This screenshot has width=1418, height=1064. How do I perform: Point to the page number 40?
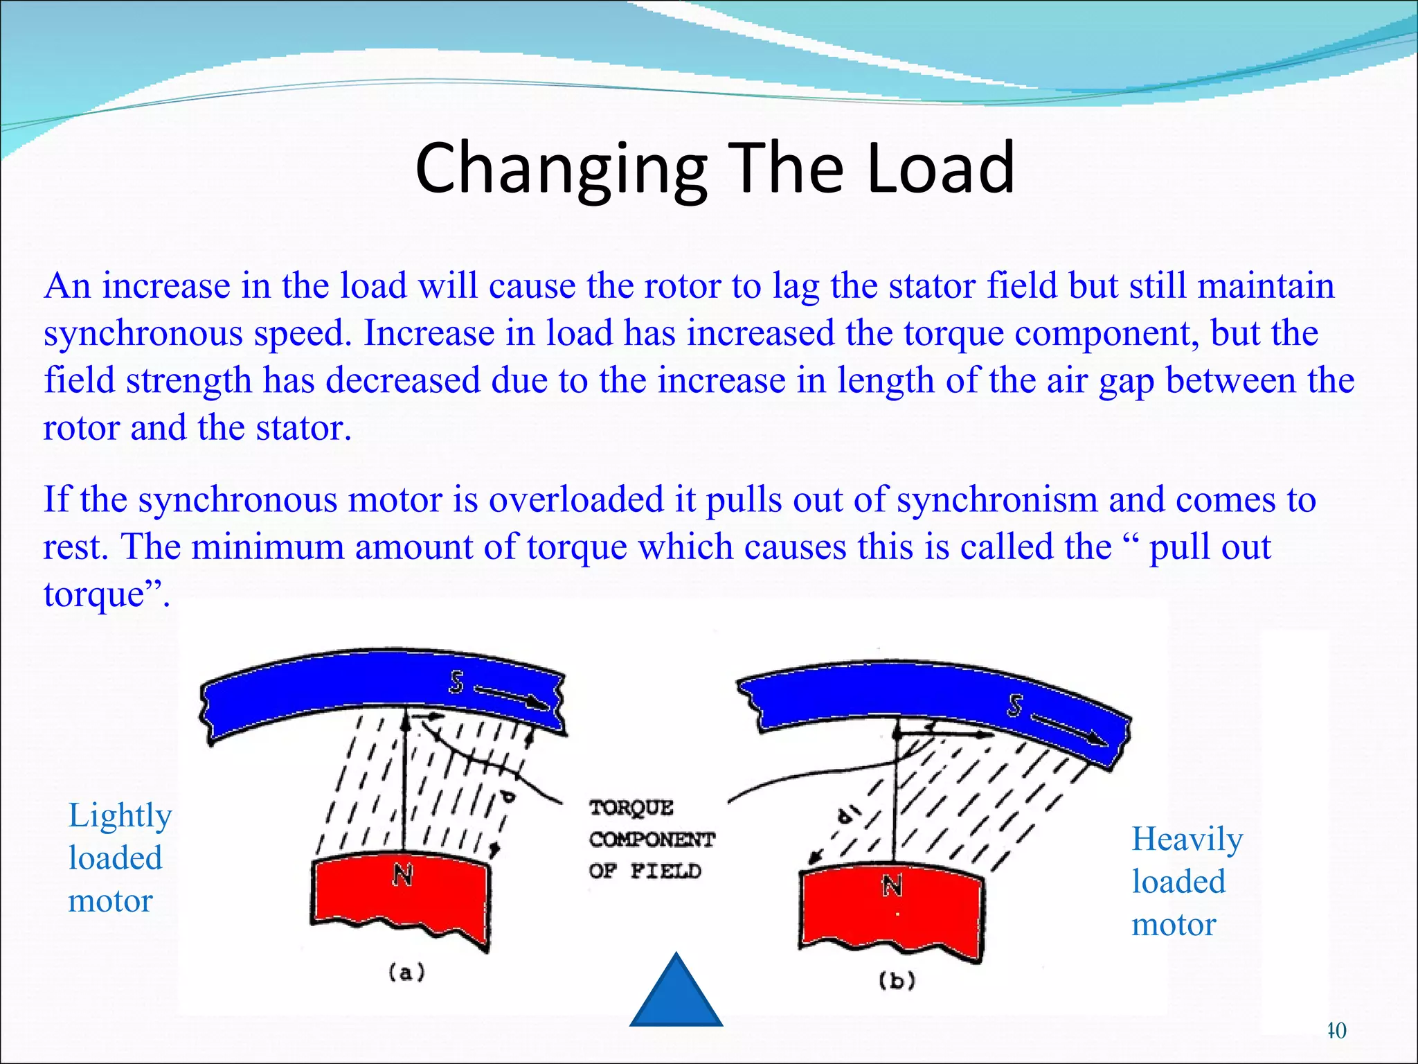(x=1336, y=1030)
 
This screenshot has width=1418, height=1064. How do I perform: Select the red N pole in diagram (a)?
(x=401, y=897)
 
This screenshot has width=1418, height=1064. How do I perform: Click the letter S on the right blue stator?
(x=1014, y=706)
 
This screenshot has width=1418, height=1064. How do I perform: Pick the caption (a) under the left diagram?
(x=406, y=973)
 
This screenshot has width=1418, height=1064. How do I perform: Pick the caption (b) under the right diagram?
(x=897, y=980)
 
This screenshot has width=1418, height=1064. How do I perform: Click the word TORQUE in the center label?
(x=631, y=808)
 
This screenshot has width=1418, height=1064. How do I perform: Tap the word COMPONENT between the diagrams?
(x=652, y=840)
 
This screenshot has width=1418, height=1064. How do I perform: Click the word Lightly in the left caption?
(x=120, y=816)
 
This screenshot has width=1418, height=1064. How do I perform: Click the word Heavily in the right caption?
(x=1187, y=840)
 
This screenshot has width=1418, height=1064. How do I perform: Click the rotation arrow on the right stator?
(x=1070, y=730)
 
